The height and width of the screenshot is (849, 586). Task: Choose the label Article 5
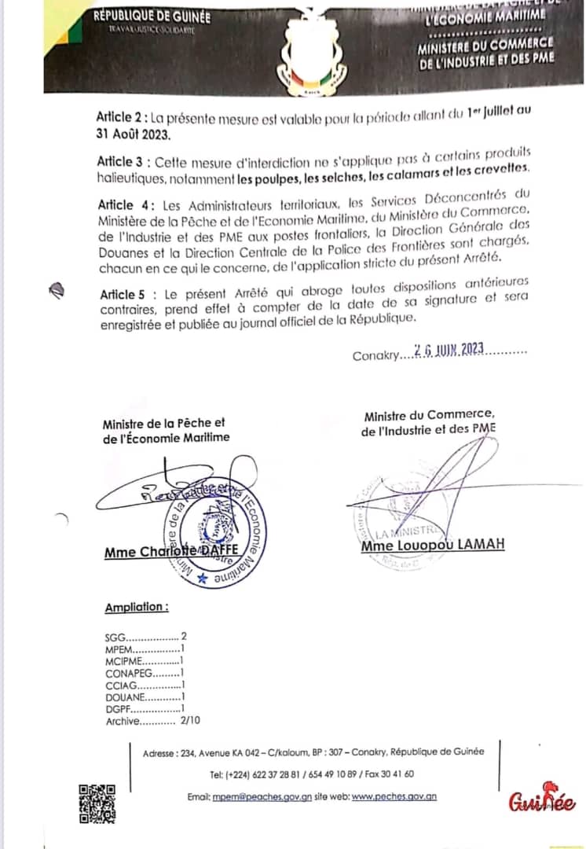(125, 293)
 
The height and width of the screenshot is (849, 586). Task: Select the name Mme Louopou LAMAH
(433, 545)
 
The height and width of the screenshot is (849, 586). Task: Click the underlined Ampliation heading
(136, 607)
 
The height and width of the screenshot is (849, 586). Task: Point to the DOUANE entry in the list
(144, 696)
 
